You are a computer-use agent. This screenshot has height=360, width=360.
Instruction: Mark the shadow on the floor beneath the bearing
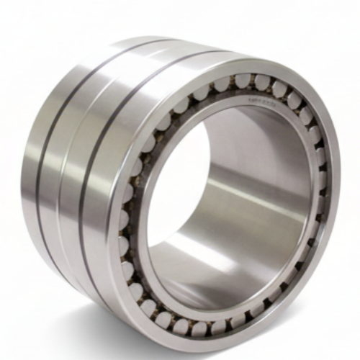pos(144,338)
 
